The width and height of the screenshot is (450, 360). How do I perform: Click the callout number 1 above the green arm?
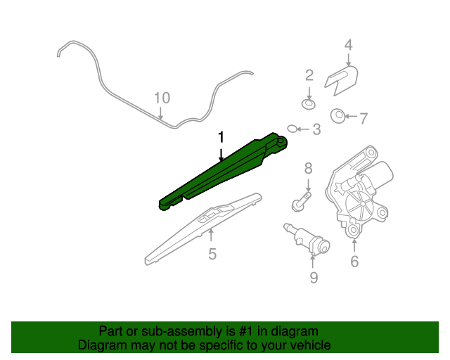coord(221,137)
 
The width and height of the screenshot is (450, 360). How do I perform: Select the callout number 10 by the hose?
coord(162,98)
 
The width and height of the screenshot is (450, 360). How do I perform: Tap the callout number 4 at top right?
coord(348,45)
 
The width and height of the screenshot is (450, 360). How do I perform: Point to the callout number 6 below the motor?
coord(354,261)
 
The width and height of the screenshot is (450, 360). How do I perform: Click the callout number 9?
coord(314,277)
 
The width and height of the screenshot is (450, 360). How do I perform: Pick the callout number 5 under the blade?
coord(212,254)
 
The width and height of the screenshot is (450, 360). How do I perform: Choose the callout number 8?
coord(308,168)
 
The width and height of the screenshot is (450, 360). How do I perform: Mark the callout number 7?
coord(364,119)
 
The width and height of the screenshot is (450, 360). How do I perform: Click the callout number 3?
coord(316,129)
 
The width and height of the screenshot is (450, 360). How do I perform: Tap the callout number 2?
coord(309,75)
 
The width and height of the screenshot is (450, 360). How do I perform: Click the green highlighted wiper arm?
coord(221,173)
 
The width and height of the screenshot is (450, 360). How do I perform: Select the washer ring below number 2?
coord(309,104)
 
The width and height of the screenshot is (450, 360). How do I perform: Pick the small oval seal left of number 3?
coord(292,129)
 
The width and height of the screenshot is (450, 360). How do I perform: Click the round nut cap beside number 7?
coord(338,116)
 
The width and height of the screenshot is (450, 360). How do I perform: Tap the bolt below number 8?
coord(301,202)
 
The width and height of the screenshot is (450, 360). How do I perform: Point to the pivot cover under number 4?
coord(342,80)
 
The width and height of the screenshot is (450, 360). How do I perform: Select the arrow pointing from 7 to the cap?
coord(351,116)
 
